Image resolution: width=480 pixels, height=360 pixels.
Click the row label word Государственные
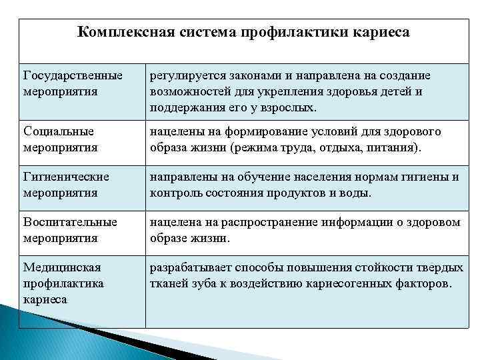click(x=73, y=75)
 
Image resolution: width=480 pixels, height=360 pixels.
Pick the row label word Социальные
click(x=59, y=131)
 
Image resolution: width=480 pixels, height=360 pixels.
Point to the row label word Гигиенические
click(x=66, y=177)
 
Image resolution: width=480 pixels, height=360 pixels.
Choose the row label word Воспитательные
click(x=70, y=222)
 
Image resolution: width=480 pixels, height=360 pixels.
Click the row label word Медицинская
click(x=62, y=267)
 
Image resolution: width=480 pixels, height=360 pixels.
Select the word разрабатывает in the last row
click(x=189, y=267)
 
